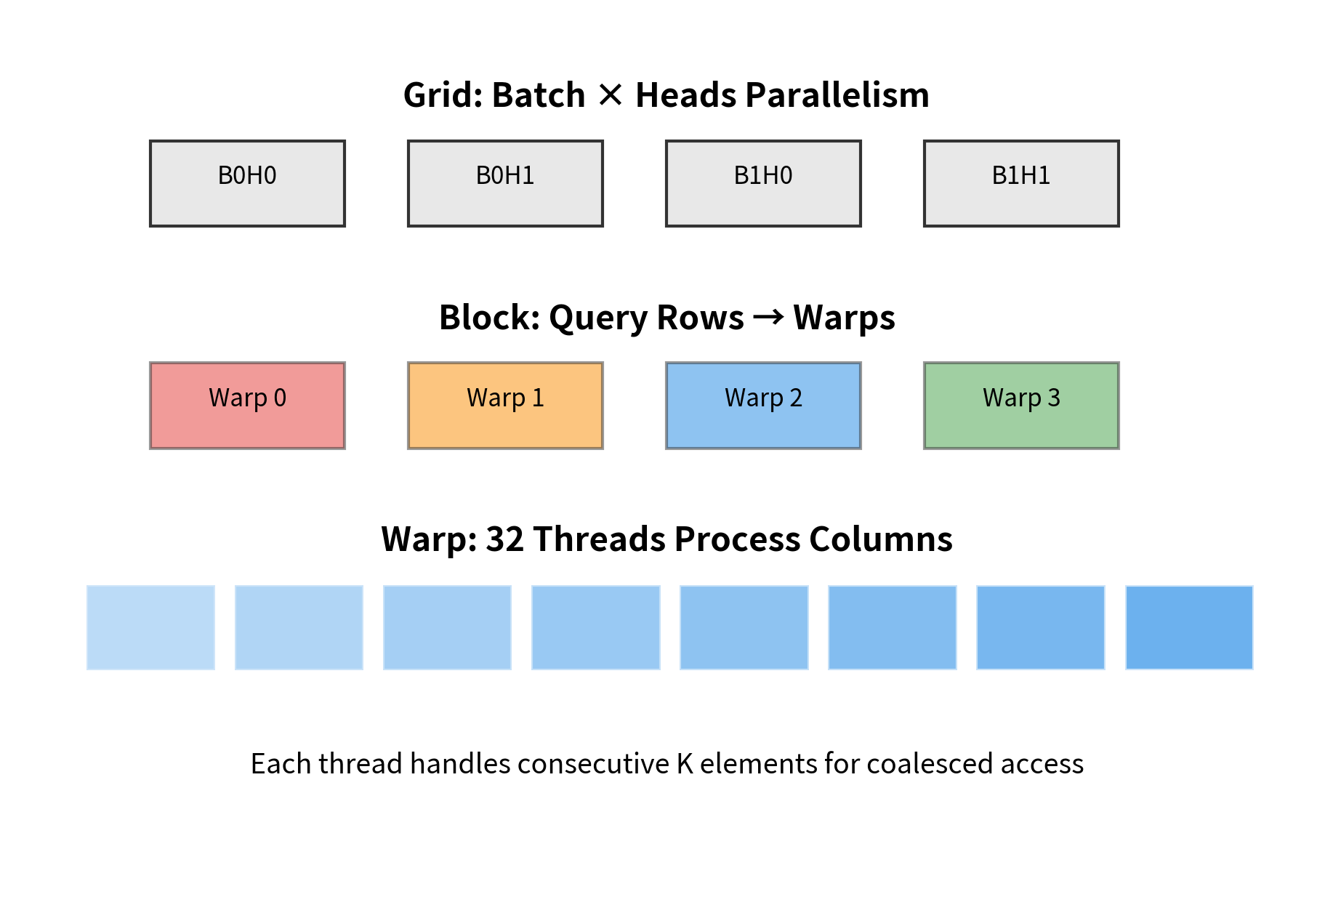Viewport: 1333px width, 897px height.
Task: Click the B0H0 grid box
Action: click(x=247, y=183)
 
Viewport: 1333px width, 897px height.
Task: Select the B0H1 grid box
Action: click(x=505, y=183)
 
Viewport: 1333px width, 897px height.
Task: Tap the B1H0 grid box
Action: click(x=763, y=183)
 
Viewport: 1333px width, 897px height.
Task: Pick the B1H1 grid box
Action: click(x=1021, y=183)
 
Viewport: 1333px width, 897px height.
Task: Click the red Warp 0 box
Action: click(x=247, y=406)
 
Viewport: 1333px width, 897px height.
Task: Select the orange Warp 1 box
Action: click(x=505, y=406)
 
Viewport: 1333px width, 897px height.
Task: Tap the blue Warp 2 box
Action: click(x=763, y=406)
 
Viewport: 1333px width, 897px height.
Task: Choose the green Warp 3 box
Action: click(x=1021, y=406)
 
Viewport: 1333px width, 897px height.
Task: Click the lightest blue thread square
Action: click(x=150, y=627)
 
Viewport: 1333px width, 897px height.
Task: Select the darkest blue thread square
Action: click(x=1189, y=627)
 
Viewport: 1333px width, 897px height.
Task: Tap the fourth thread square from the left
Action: click(x=595, y=627)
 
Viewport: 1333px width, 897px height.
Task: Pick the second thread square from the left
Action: click(x=299, y=627)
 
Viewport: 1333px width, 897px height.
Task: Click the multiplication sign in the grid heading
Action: click(x=611, y=95)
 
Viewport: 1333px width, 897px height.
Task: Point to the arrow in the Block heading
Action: click(x=768, y=317)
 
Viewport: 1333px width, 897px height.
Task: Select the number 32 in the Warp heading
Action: click(x=504, y=539)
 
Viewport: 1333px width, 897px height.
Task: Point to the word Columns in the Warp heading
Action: click(x=880, y=539)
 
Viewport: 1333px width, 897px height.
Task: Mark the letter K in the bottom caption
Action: click(x=685, y=764)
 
